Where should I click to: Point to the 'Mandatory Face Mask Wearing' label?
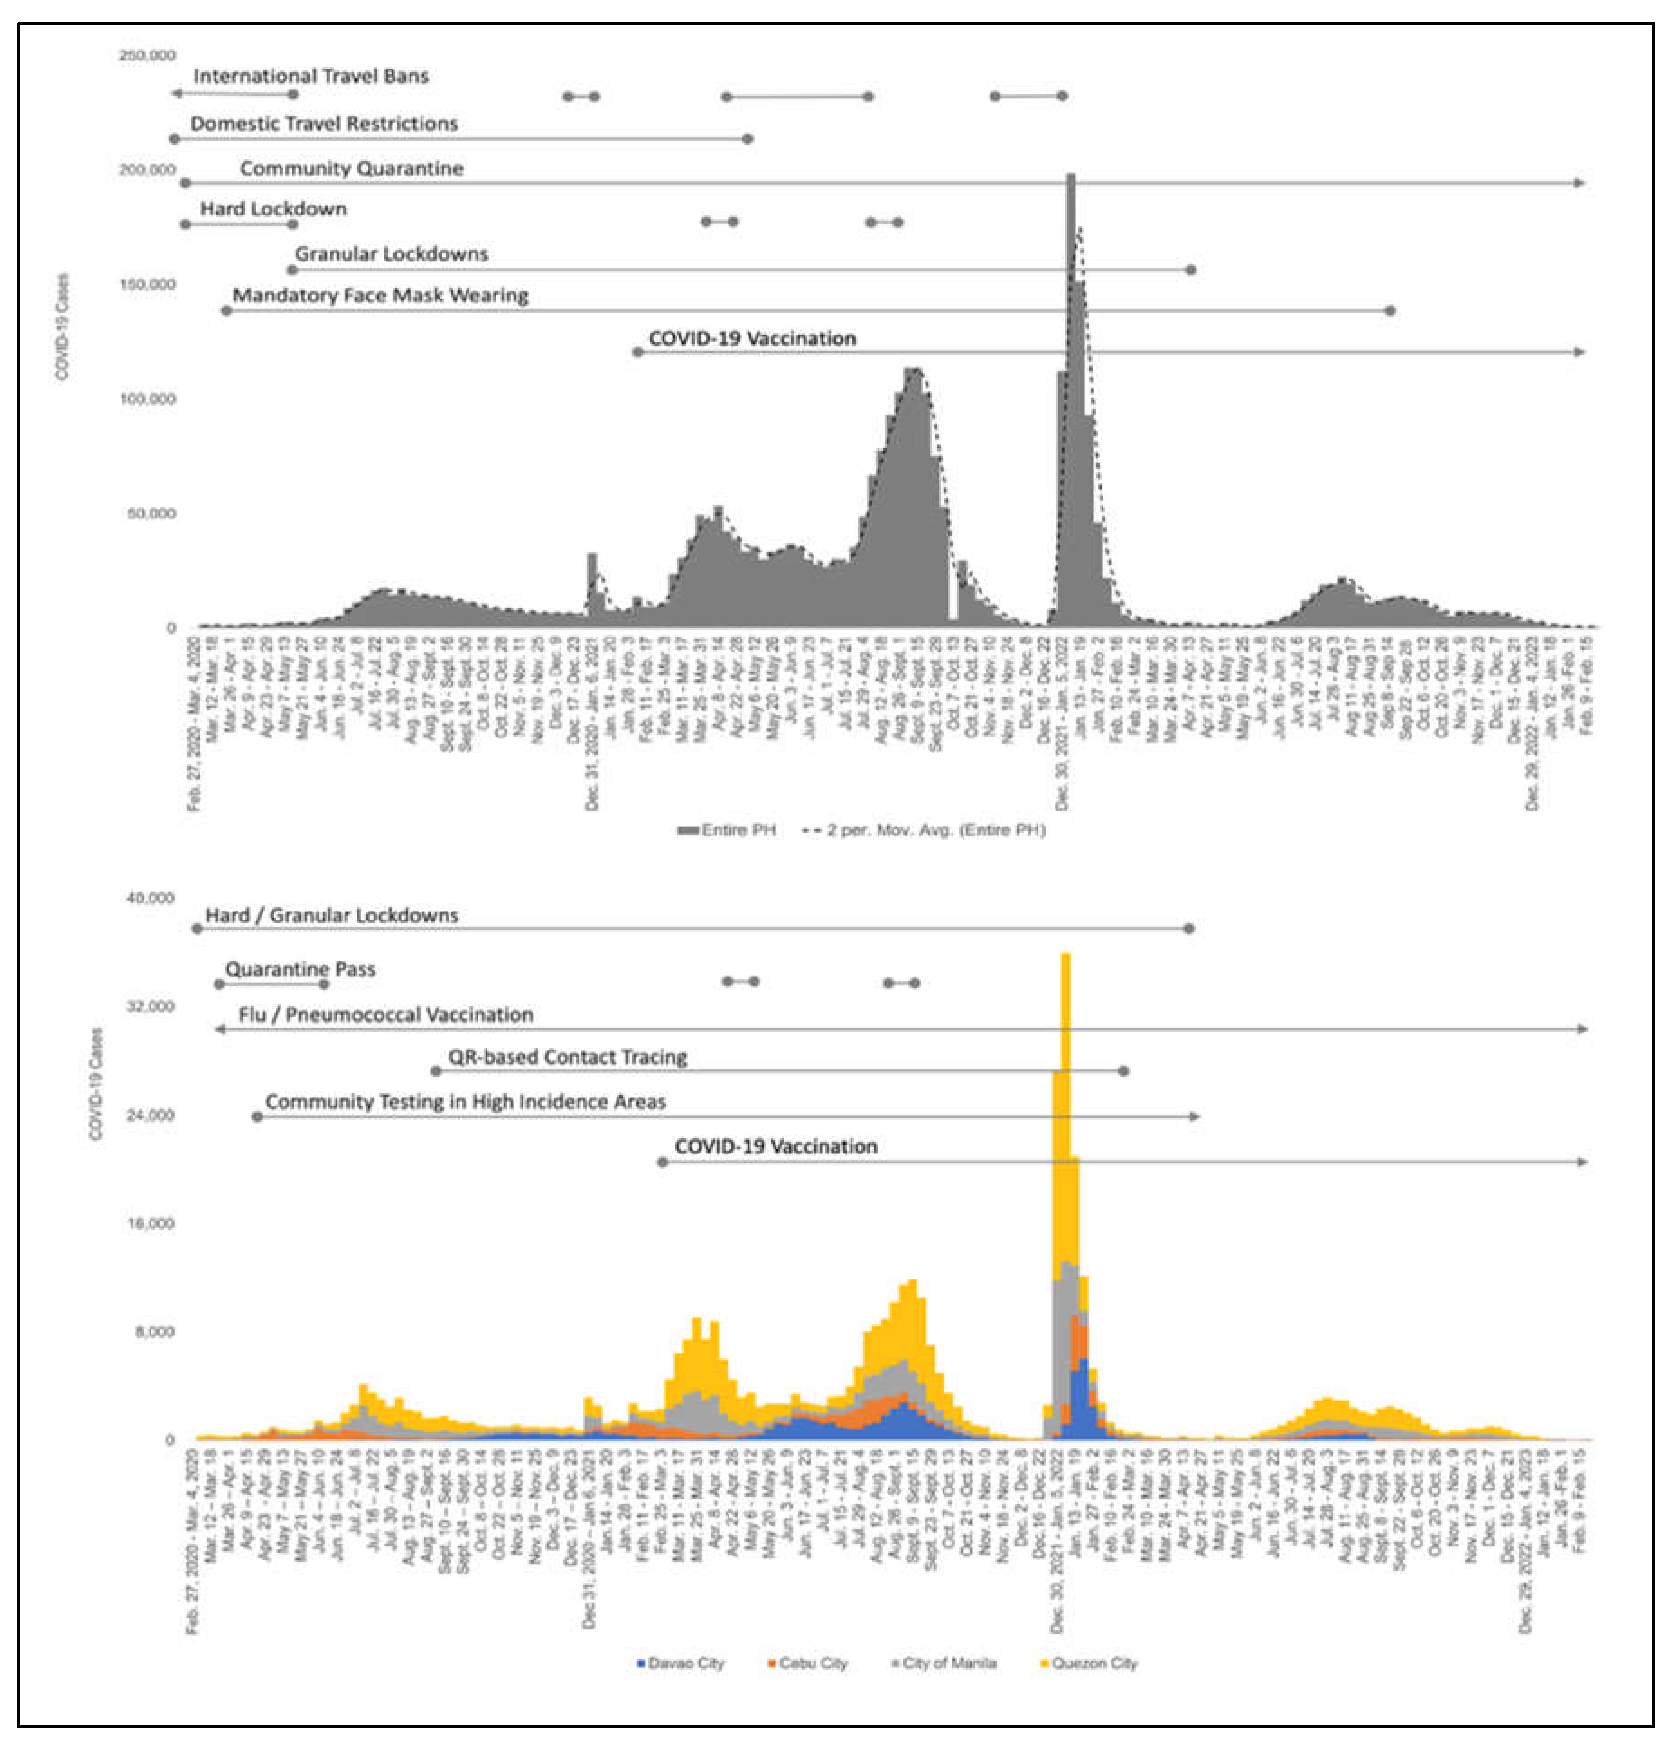[380, 295]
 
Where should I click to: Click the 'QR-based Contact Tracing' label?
[567, 1057]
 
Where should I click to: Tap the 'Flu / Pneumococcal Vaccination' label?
[386, 1014]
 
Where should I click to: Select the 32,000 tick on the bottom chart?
[150, 1006]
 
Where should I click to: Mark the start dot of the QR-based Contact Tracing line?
[435, 1071]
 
